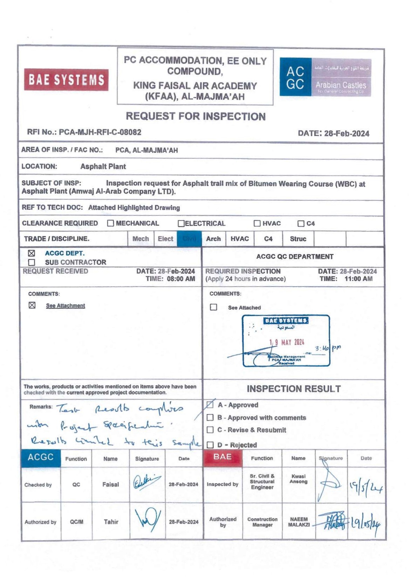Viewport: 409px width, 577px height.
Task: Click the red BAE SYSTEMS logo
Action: click(66, 80)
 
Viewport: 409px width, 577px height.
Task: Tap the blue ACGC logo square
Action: click(295, 77)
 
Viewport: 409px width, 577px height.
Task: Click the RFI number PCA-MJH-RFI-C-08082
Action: click(100, 132)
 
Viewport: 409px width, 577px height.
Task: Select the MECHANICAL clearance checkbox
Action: click(111, 223)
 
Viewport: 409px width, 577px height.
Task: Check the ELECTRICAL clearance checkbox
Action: click(181, 224)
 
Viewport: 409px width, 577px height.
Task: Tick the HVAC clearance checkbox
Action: click(257, 224)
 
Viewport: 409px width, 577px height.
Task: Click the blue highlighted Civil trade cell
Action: click(189, 239)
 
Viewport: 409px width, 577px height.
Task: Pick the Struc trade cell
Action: click(298, 239)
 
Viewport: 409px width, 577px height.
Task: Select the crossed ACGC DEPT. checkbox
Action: click(32, 253)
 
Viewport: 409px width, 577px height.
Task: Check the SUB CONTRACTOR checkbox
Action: click(32, 262)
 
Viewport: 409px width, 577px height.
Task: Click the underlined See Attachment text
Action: click(66, 306)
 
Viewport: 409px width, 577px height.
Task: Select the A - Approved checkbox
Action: click(210, 405)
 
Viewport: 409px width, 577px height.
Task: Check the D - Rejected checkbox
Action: click(210, 445)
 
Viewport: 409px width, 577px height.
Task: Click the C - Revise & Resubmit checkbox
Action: click(210, 430)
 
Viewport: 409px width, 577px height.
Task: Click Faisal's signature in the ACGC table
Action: click(147, 484)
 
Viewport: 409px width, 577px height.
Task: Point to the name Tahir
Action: click(111, 522)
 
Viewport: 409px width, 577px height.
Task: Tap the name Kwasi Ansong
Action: click(298, 479)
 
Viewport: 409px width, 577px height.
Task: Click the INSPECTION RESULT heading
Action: click(294, 389)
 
